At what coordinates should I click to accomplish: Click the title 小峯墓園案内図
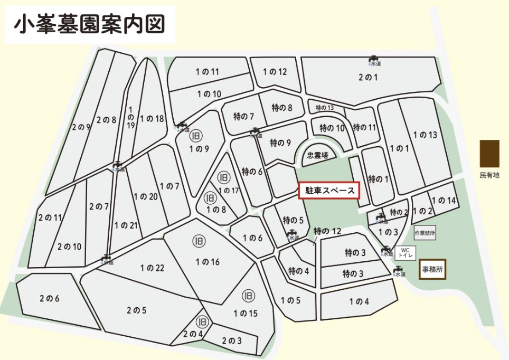click(89, 24)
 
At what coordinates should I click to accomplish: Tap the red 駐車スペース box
click(329, 191)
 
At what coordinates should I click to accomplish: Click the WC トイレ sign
click(406, 251)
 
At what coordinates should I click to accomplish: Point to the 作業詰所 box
click(425, 233)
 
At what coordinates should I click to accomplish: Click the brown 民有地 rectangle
click(489, 154)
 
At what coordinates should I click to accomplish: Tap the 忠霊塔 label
click(318, 155)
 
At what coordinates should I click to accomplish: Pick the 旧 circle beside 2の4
click(202, 321)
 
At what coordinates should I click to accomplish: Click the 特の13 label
click(325, 108)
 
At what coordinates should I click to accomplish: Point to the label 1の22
click(153, 268)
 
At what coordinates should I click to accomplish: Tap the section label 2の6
click(49, 299)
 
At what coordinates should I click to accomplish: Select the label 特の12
click(327, 231)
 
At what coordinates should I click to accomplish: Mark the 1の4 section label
click(359, 302)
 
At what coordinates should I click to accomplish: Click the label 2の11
click(50, 217)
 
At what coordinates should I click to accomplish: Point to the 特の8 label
click(282, 108)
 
